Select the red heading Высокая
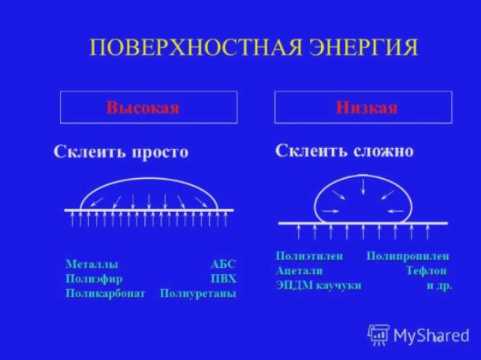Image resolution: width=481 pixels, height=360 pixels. [143, 108]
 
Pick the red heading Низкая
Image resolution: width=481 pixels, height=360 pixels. [367, 108]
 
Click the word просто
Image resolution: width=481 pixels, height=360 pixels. [160, 152]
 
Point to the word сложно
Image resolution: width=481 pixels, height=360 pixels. [383, 150]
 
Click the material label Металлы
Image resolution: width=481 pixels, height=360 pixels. [91, 264]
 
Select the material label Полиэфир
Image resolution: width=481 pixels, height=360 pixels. [94, 279]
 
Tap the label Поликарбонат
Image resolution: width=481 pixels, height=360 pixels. [106, 294]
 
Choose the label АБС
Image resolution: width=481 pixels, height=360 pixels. [223, 264]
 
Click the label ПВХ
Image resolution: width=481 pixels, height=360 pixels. [224, 279]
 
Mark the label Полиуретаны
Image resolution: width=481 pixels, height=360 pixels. [198, 294]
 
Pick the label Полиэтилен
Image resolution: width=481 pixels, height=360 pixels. [309, 256]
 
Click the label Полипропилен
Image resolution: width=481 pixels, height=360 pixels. [408, 256]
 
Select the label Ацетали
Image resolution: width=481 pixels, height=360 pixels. [299, 271]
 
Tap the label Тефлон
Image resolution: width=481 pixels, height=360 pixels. [427, 271]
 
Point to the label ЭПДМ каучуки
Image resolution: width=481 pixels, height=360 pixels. [319, 285]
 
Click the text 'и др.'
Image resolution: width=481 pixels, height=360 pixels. [439, 286]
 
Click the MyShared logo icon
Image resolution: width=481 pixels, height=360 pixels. [378, 335]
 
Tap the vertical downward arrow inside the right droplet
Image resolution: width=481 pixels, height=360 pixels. [364, 187]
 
